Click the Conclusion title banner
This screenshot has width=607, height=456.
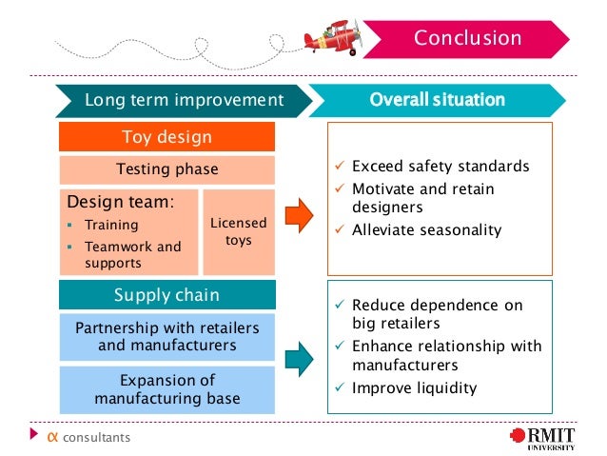[466, 39]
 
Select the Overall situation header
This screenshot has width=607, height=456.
[437, 100]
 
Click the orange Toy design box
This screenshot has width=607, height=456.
[166, 137]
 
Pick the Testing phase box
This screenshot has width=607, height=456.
[166, 170]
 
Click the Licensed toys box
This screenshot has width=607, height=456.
[238, 231]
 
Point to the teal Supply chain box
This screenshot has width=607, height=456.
[166, 295]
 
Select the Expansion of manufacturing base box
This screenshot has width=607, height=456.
[166, 389]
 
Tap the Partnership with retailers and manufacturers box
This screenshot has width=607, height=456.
[166, 336]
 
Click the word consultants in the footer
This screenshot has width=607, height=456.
[96, 438]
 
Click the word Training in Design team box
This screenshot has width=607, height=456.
[111, 226]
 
